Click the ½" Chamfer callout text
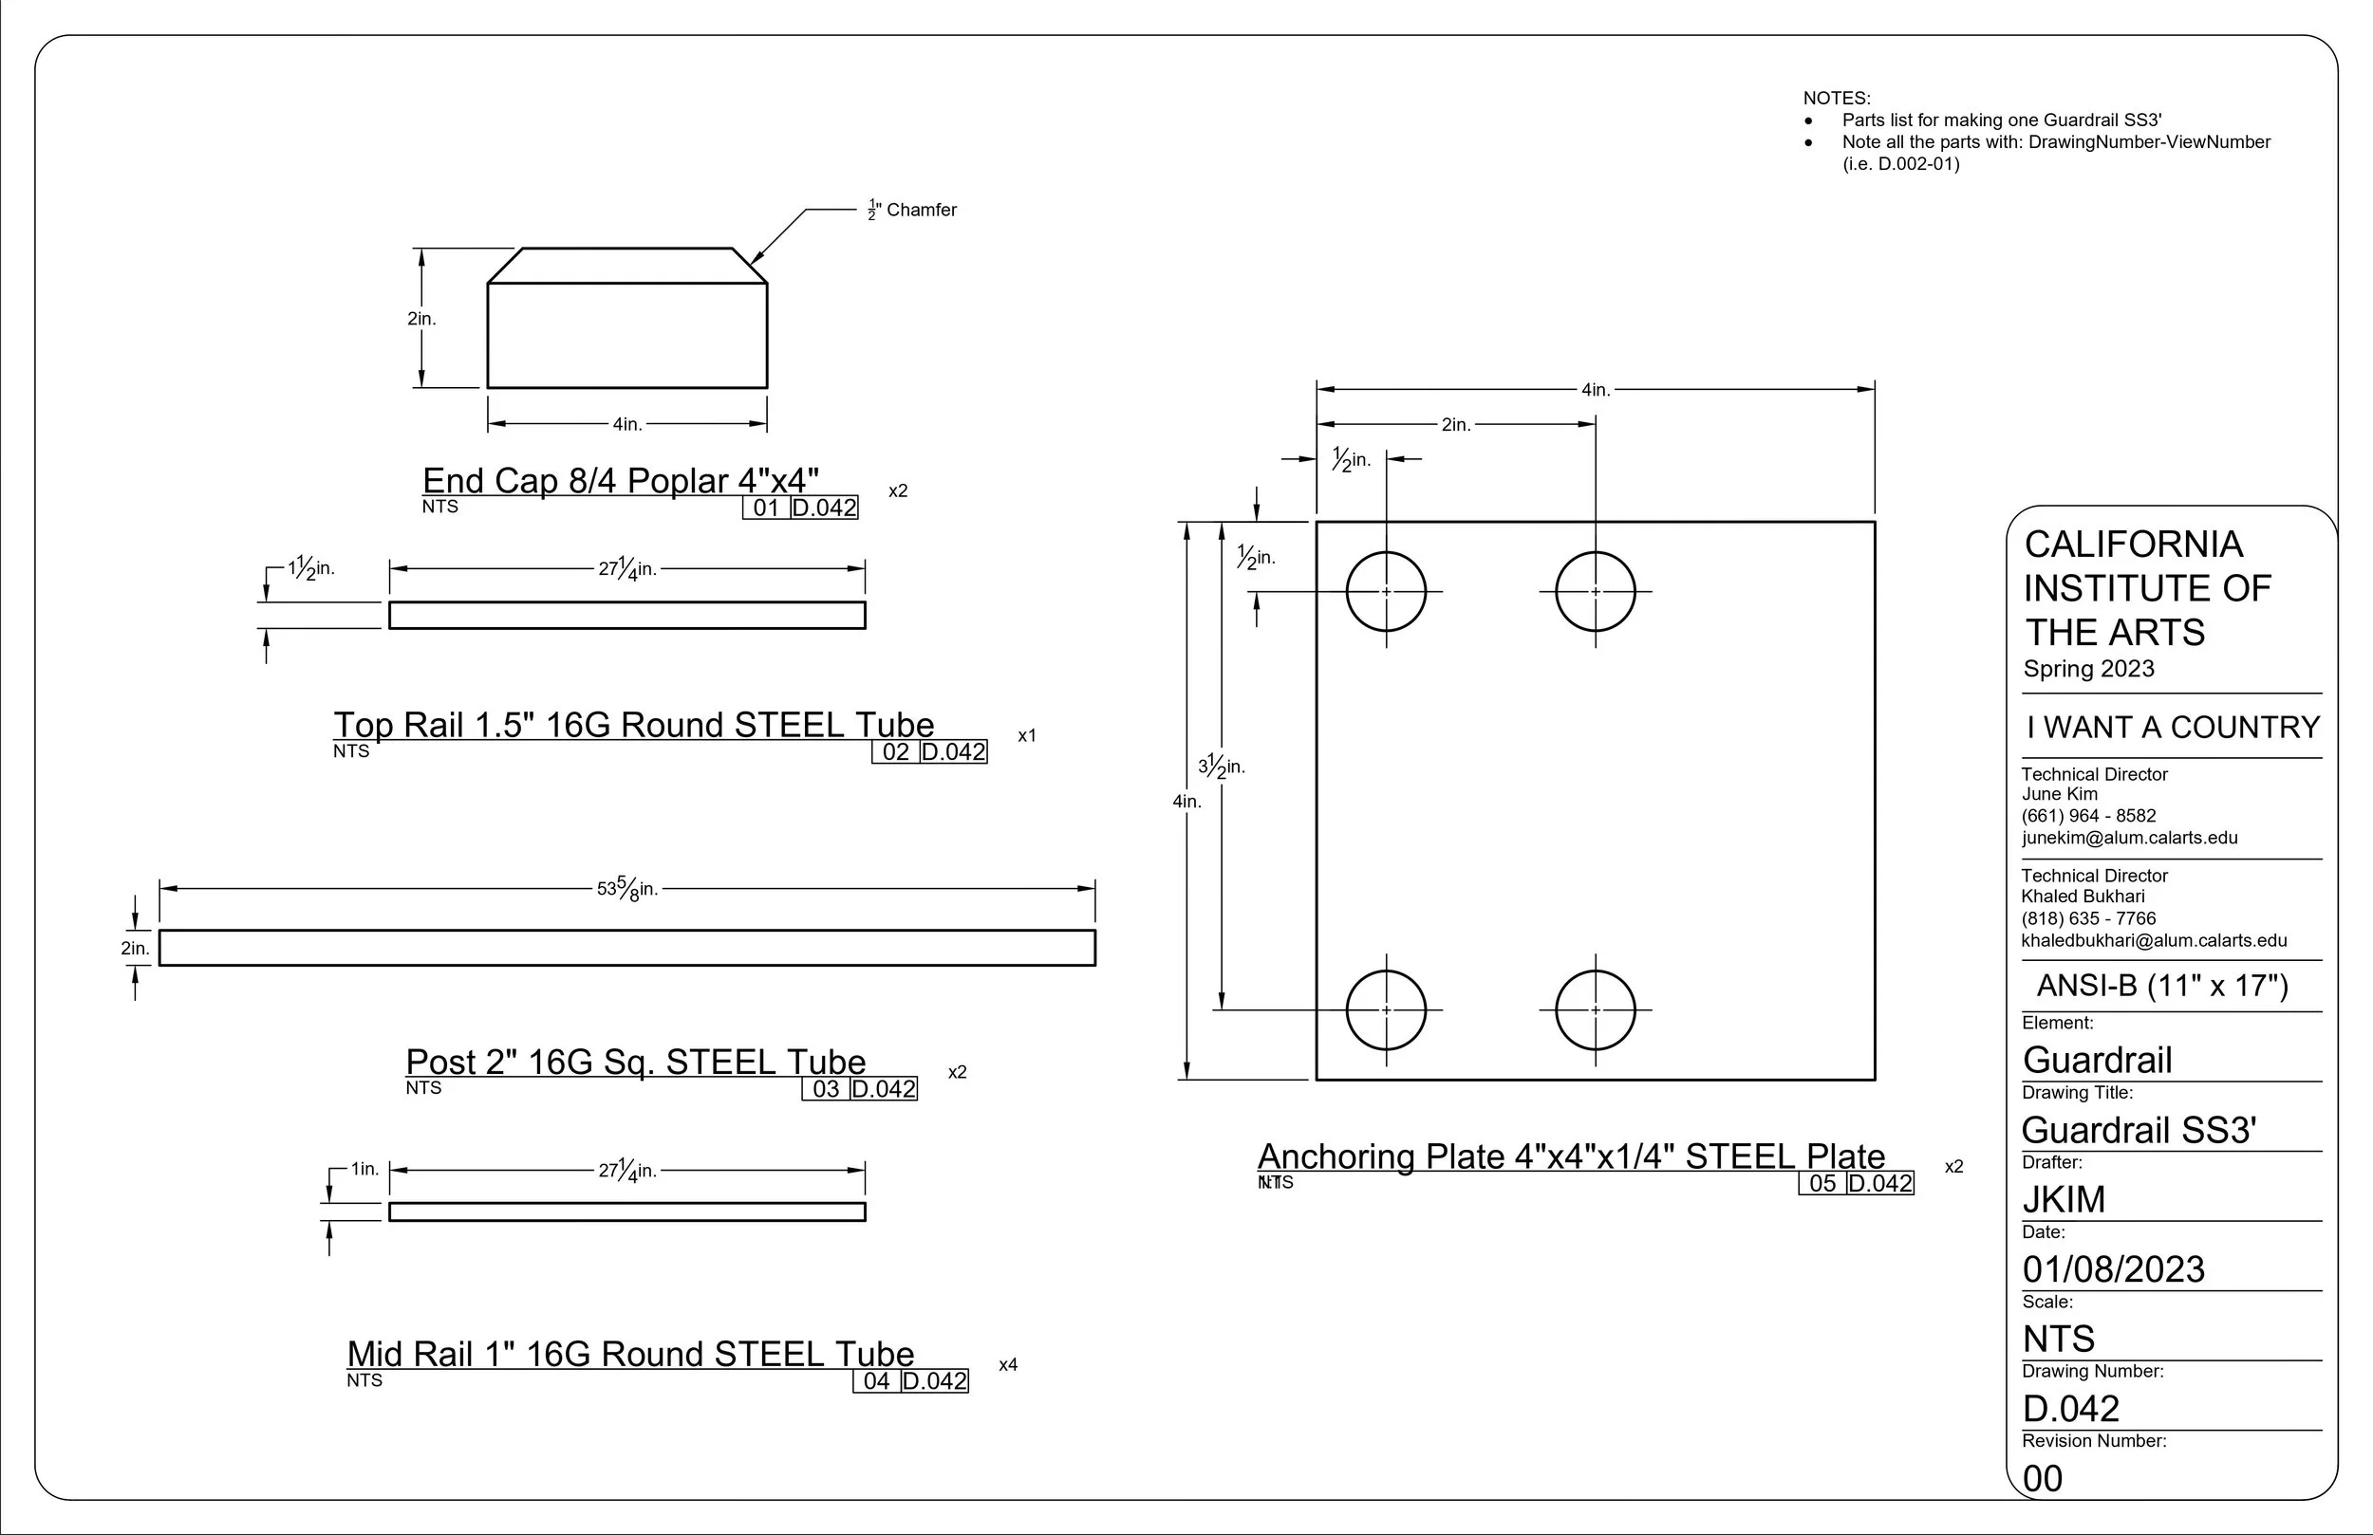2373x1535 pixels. [x=911, y=210]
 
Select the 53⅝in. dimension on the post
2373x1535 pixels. [x=627, y=887]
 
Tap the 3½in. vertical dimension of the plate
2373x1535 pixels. [x=1222, y=766]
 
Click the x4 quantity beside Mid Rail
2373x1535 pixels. [x=1008, y=1364]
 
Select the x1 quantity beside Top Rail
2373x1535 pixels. [x=1027, y=735]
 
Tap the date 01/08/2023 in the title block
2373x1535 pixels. [x=2114, y=1268]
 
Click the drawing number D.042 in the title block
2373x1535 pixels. [x=2071, y=1409]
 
